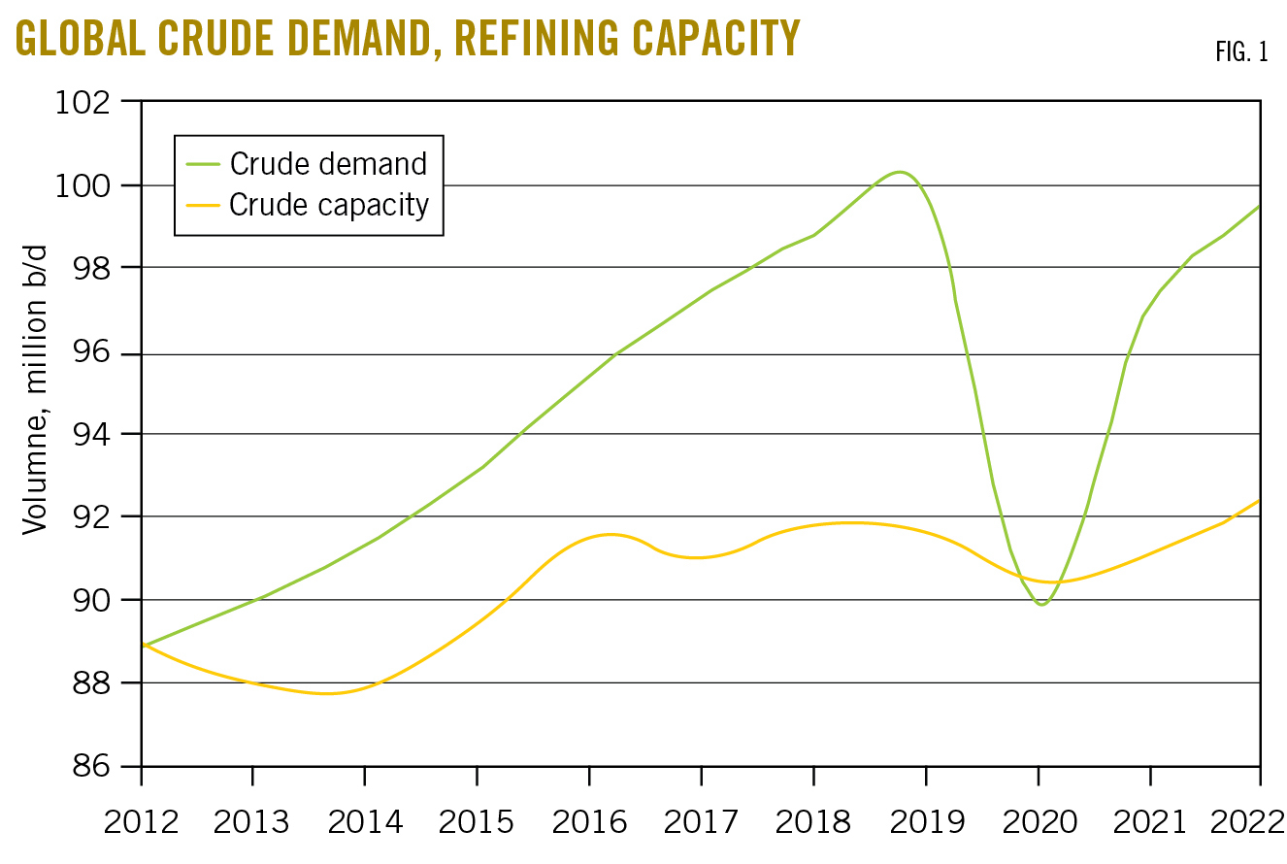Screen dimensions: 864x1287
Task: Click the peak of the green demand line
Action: pos(900,172)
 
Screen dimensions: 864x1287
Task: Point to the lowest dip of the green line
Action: pos(1041,605)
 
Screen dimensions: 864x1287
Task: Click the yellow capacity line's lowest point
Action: pos(327,693)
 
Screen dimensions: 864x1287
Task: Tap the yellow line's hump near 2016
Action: pos(609,534)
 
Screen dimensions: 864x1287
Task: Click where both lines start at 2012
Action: pos(144,645)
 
